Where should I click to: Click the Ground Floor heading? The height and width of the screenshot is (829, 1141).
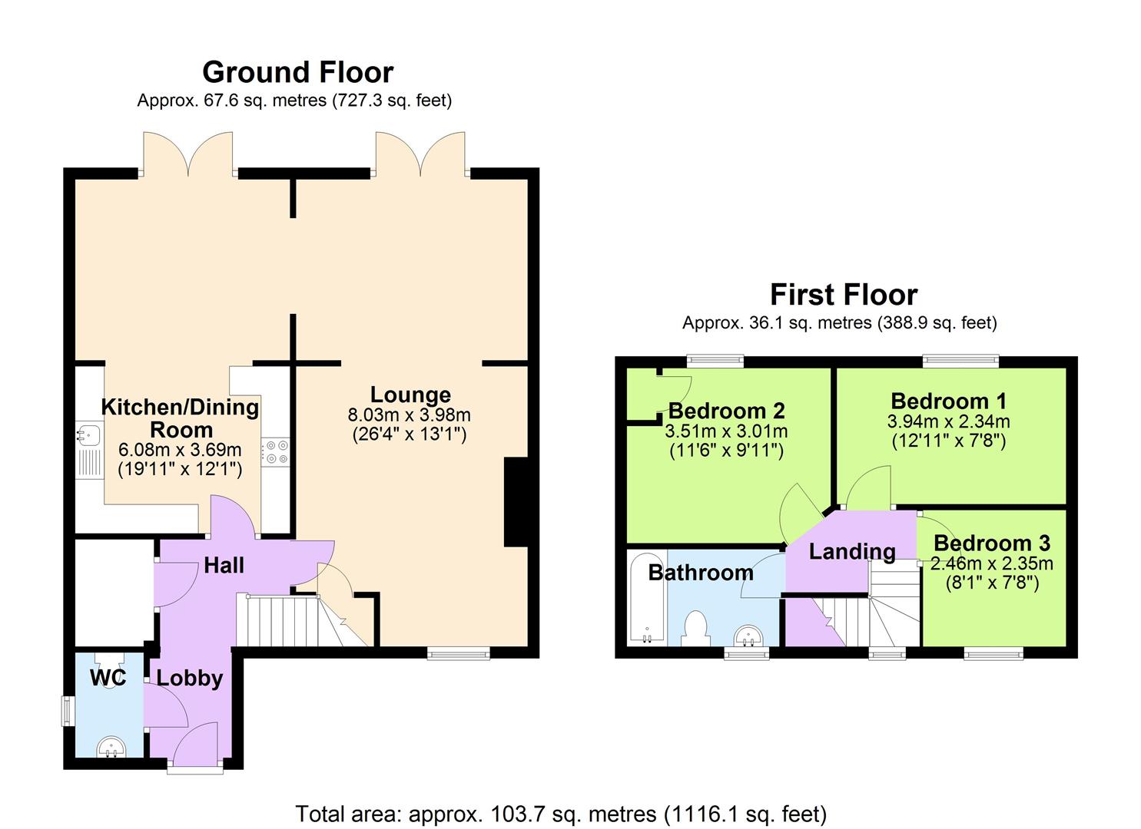(297, 72)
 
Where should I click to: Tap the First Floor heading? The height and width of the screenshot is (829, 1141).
(843, 295)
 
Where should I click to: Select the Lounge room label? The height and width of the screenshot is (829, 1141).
(410, 395)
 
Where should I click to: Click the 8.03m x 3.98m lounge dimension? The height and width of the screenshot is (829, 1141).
(409, 415)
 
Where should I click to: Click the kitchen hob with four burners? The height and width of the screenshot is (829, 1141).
(275, 451)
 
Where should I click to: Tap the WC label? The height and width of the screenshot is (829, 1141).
(108, 678)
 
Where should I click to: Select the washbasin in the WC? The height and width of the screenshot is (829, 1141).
(112, 745)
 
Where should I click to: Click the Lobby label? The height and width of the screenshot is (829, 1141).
(190, 679)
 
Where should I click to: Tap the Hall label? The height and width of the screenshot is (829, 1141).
(224, 566)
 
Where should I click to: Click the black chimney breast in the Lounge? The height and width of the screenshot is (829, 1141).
(516, 502)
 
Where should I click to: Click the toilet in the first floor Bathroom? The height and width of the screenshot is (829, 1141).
(696, 626)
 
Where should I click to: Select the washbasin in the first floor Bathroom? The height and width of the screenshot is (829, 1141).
(748, 636)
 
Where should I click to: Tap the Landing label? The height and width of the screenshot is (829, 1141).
(851, 551)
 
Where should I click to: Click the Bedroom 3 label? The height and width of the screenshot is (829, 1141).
(991, 543)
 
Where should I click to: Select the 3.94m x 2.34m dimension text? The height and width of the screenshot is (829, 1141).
(948, 421)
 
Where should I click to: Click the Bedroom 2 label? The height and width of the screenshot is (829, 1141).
(726, 411)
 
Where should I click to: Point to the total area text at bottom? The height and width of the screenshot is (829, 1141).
(561, 813)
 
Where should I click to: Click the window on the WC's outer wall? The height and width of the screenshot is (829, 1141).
(68, 710)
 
